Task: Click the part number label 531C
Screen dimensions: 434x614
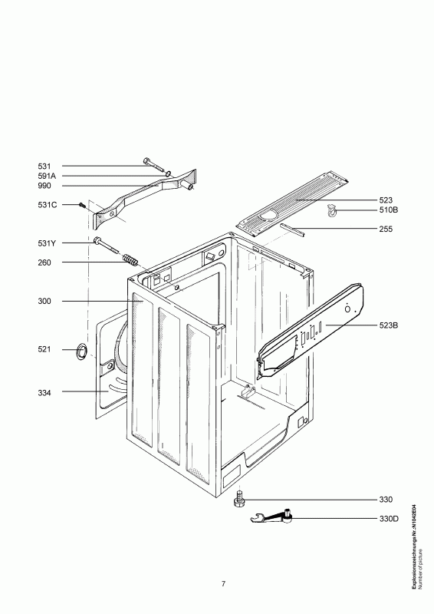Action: (x=47, y=205)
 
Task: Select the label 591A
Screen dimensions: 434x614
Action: (x=47, y=177)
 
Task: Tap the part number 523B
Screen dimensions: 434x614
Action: (x=388, y=325)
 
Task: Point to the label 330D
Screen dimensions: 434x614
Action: (x=388, y=519)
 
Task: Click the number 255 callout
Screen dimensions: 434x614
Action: (x=386, y=229)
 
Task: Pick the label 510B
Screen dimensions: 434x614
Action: (x=388, y=210)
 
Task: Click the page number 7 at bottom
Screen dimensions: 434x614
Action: (x=223, y=584)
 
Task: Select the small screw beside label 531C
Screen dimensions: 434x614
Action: (x=82, y=205)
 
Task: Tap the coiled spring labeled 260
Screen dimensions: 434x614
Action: (x=129, y=259)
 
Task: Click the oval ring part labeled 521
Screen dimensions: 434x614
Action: (x=81, y=351)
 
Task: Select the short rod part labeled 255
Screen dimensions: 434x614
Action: (x=292, y=229)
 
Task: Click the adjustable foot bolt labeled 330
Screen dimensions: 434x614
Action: (x=238, y=499)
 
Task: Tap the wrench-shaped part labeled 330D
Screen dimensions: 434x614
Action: (x=271, y=517)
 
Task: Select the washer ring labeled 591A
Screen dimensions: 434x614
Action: (x=167, y=173)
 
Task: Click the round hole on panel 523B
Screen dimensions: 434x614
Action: (x=347, y=309)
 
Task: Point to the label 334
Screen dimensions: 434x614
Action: (x=44, y=393)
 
